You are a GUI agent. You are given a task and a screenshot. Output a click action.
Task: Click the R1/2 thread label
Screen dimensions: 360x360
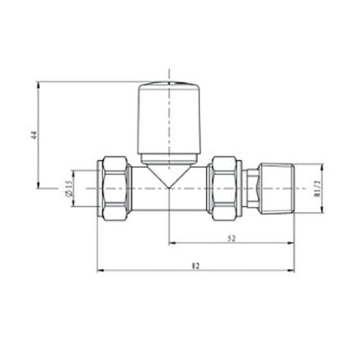[x=318, y=184]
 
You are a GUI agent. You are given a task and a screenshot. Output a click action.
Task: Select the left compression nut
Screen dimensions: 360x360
[x=115, y=184]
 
